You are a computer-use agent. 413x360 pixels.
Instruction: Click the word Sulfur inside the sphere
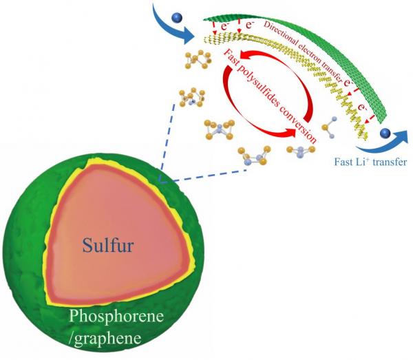tap(108, 245)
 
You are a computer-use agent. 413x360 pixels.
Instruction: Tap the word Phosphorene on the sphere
tap(116, 316)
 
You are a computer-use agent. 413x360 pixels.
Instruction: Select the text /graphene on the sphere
tap(105, 338)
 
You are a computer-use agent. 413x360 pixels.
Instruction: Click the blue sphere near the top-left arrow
tap(176, 18)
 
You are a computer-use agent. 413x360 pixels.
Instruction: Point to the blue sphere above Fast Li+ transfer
tap(385, 133)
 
